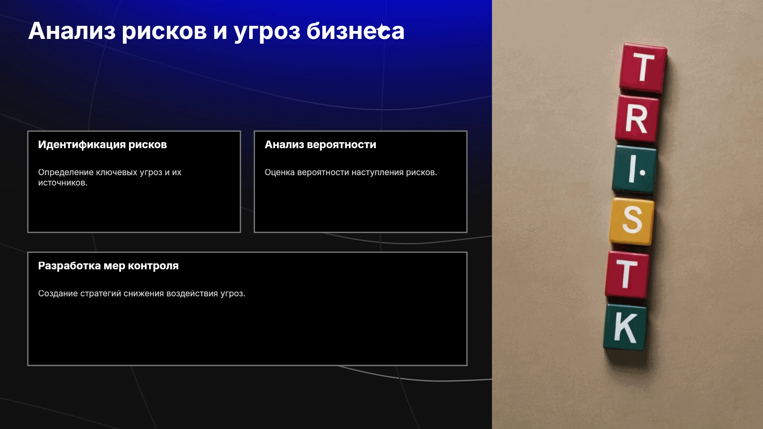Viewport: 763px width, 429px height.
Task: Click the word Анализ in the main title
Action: tap(72, 31)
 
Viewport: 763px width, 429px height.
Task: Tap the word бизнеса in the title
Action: tap(355, 31)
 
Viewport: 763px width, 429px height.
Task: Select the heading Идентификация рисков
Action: tap(103, 145)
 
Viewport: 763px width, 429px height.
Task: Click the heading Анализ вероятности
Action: tap(320, 145)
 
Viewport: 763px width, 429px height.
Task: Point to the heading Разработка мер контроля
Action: tap(108, 266)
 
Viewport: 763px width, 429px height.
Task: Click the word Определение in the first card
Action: tap(66, 172)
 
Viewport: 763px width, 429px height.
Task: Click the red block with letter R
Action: tap(637, 118)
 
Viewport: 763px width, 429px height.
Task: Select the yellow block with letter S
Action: tap(632, 221)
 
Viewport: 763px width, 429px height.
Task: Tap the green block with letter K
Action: tap(626, 327)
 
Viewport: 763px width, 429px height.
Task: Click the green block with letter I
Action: tap(635, 169)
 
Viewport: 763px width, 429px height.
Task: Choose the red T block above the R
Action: tap(643, 68)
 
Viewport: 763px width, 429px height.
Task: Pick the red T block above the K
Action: tap(627, 274)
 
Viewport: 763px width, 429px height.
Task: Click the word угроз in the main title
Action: tap(267, 32)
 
